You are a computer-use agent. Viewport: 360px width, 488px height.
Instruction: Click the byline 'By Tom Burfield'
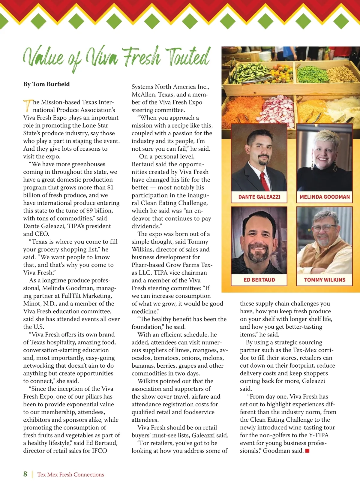46,84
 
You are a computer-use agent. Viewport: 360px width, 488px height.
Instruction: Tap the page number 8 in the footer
25,474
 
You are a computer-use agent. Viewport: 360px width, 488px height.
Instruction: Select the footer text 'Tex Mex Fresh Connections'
70,474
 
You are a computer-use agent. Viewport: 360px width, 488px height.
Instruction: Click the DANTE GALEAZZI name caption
259,197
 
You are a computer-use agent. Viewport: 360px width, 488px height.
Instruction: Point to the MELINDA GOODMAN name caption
325,197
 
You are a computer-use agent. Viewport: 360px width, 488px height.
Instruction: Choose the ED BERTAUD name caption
259,280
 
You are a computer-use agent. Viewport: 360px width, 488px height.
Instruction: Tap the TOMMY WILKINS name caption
325,280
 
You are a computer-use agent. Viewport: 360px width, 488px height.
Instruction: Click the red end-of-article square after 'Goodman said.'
307,451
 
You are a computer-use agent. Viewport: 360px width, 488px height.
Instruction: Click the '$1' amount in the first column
110,187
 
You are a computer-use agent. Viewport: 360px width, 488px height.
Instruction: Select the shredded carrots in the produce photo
240,108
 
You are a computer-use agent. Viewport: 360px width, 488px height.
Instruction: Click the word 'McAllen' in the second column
143,95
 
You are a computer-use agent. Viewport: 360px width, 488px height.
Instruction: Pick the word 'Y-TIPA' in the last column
319,435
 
